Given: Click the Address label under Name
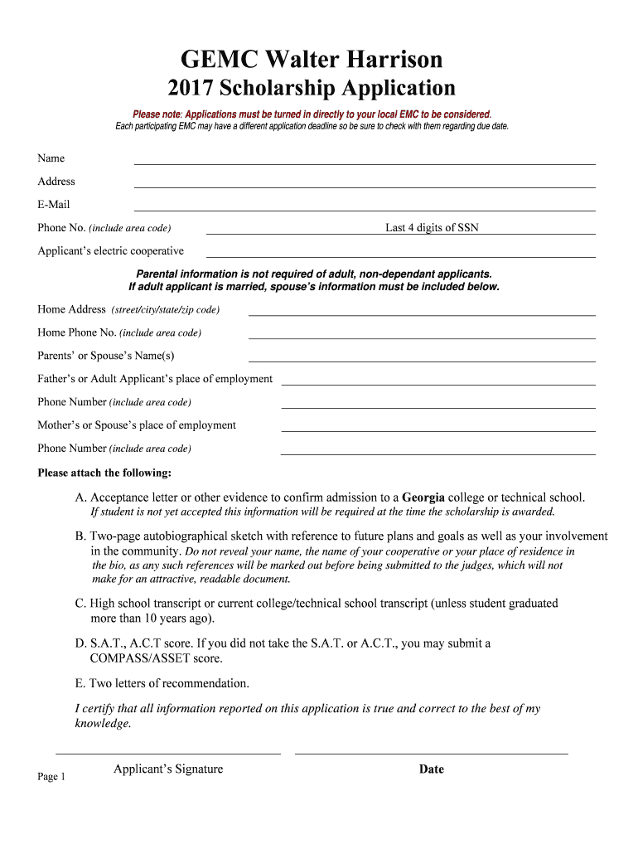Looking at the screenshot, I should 56,182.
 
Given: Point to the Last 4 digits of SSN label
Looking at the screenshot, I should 432,228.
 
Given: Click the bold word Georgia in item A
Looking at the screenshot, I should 423,497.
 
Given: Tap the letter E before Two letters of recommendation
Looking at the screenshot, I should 80,684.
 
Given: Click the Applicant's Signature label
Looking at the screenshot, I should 168,769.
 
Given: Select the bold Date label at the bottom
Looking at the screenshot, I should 432,769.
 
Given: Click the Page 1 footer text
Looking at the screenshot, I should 51,777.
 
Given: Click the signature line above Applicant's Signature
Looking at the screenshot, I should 168,753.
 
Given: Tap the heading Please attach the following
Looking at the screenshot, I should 104,473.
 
